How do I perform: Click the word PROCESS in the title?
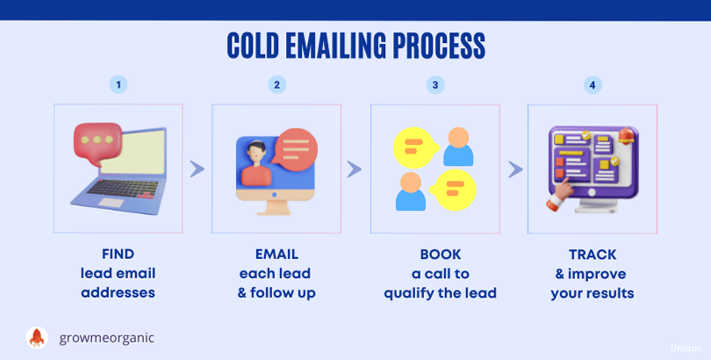pos(439,46)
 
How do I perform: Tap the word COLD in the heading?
pos(253,46)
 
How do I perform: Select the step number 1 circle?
pos(118,85)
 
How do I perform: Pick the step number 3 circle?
pos(435,85)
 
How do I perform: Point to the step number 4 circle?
pos(592,85)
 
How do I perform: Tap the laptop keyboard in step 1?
pos(124,188)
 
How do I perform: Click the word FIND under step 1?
pos(118,254)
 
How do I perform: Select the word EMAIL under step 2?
pos(276,254)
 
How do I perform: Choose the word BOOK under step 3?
pos(441,255)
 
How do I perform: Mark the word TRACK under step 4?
pos(592,255)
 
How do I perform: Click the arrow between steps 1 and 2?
pos(197,169)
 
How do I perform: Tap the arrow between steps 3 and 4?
pos(515,169)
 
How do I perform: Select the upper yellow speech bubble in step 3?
pos(416,148)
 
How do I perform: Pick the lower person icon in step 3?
pos(411,191)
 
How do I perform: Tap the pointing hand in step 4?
pos(559,195)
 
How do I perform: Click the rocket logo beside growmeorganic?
pos(37,338)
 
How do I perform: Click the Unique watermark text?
pos(686,348)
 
